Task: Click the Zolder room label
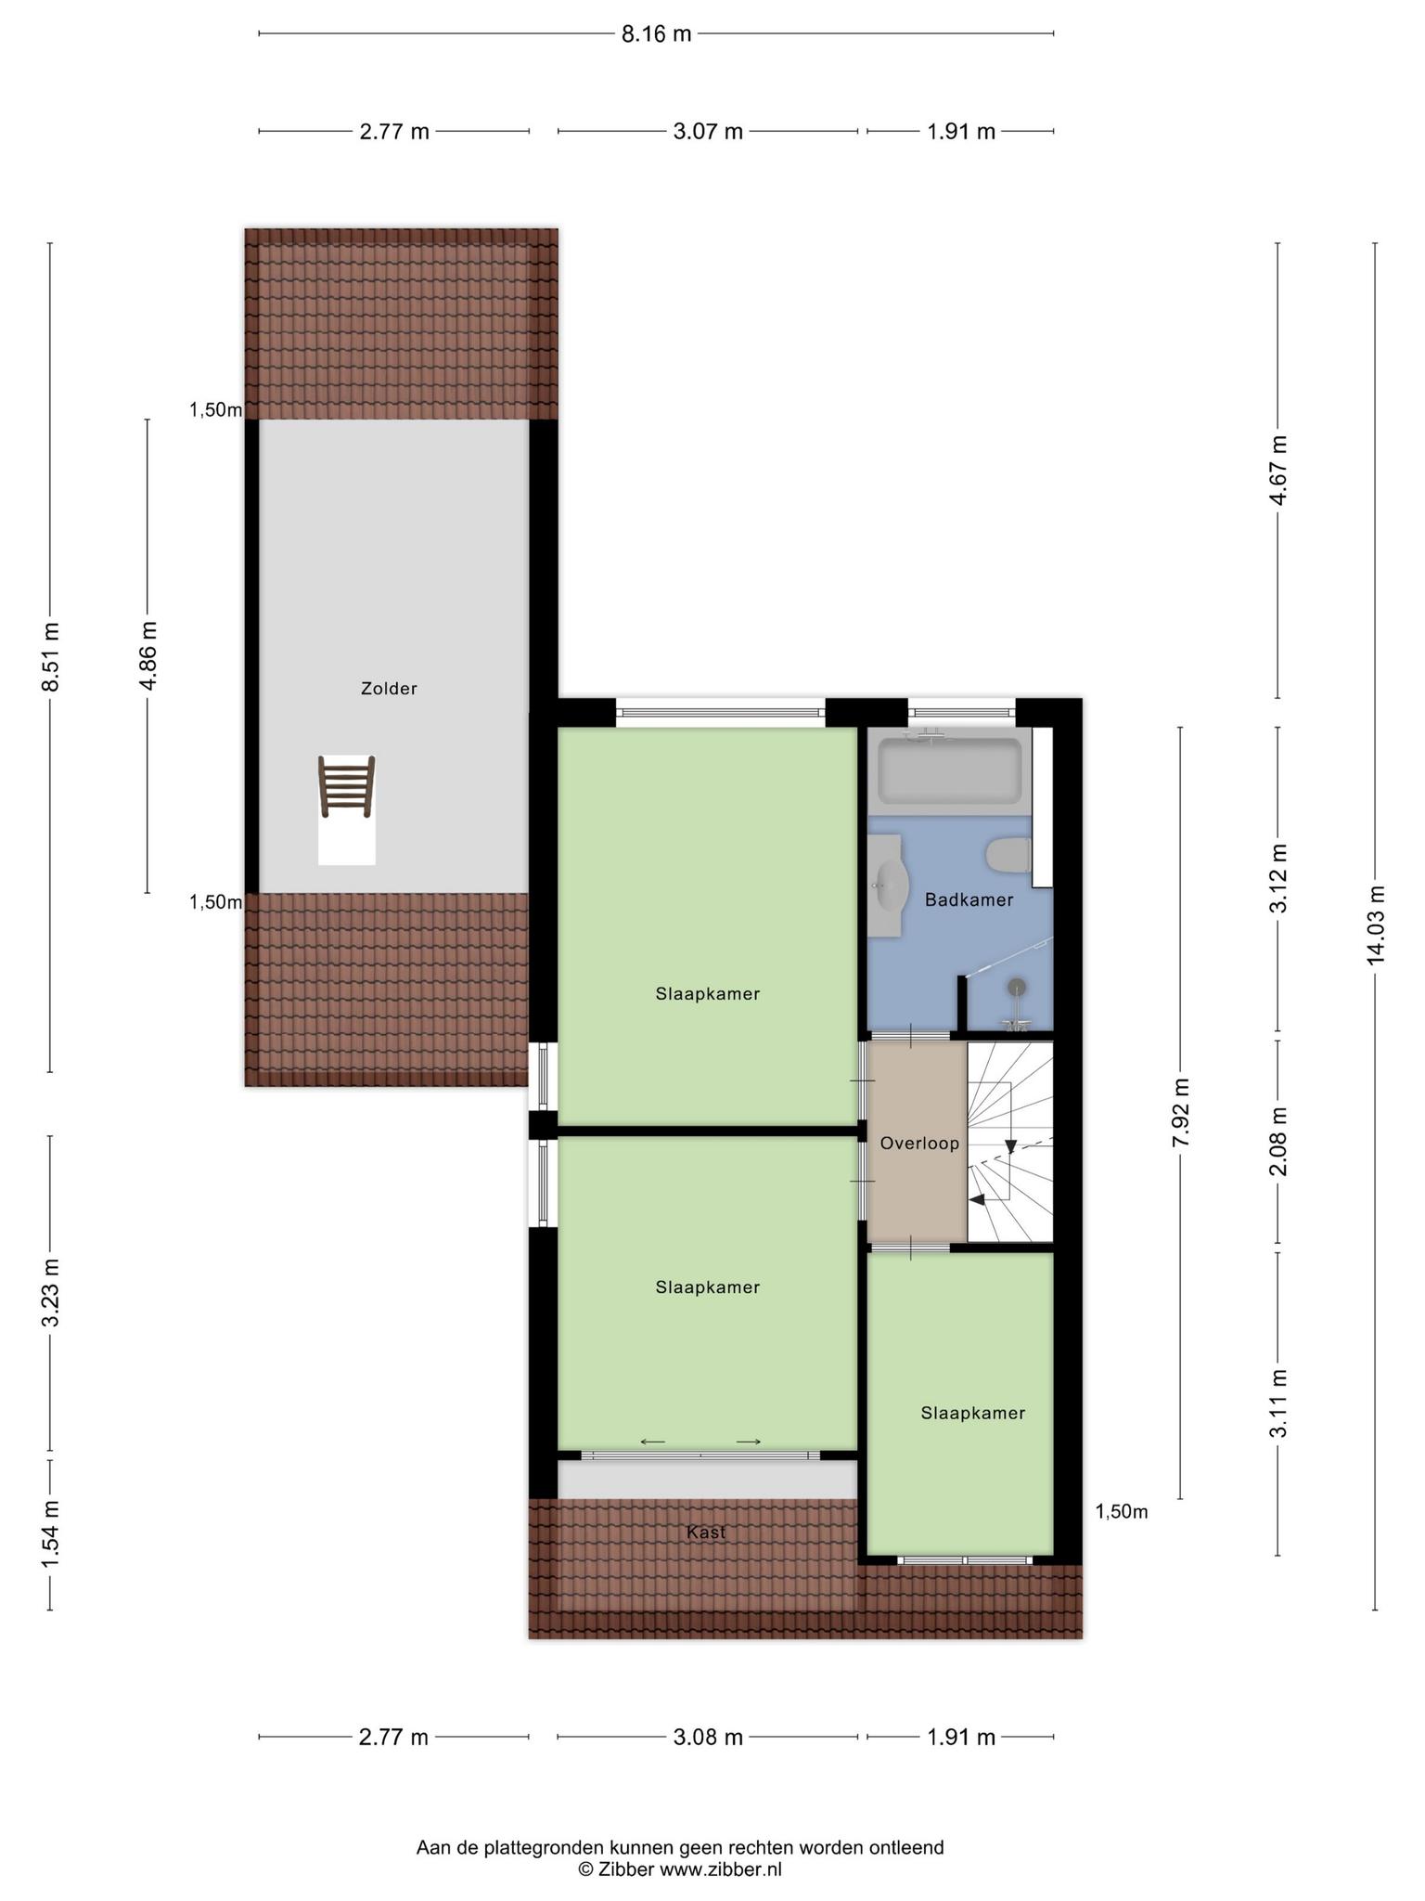(389, 689)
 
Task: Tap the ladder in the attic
(347, 786)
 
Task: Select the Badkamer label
(969, 899)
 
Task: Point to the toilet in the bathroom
(1008, 855)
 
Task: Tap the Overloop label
(919, 1144)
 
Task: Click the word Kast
(706, 1532)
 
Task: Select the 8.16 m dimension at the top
(656, 34)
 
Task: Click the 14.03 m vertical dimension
(1375, 925)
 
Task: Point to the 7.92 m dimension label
(1180, 1112)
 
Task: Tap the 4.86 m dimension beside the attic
(148, 655)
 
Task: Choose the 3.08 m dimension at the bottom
(708, 1737)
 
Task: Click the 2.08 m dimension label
(1278, 1142)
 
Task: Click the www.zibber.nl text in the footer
(720, 1869)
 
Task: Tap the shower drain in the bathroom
(1018, 987)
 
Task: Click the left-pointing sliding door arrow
(653, 1442)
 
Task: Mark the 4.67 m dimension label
(1278, 471)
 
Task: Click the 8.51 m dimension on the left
(50, 656)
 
